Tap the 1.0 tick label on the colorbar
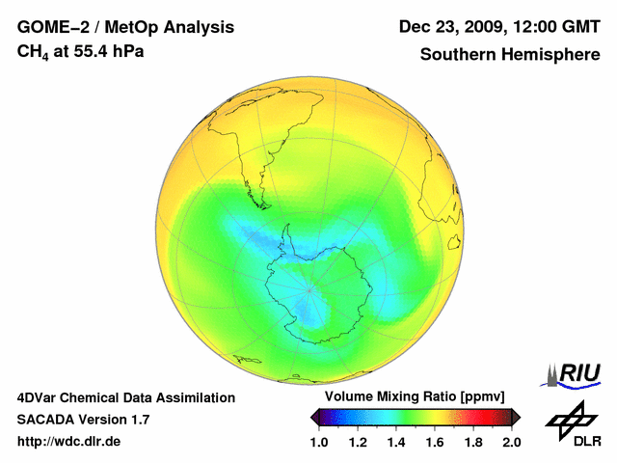tap(320, 442)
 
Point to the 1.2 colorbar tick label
tap(359, 442)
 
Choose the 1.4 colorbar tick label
tap(396, 442)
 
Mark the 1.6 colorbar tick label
tap(435, 442)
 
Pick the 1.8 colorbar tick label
tap(472, 442)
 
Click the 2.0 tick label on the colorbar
tap(511, 442)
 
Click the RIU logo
tap(574, 373)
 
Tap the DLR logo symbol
tap(570, 419)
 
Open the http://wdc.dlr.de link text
tap(69, 442)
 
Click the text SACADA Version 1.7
tap(83, 420)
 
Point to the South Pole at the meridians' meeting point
tap(309, 287)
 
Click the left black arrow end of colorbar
tap(315, 418)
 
